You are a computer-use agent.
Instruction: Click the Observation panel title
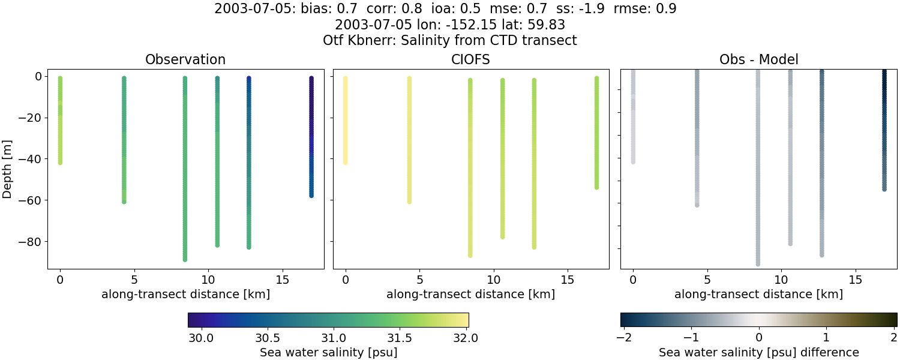pyautogui.click(x=185, y=59)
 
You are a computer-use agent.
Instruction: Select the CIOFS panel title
pyautogui.click(x=471, y=59)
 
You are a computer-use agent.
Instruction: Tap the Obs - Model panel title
pyautogui.click(x=758, y=59)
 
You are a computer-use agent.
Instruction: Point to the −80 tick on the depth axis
pyautogui.click(x=29, y=241)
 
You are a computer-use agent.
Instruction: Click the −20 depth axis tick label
pyautogui.click(x=29, y=118)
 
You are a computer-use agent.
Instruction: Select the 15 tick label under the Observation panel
pyautogui.click(x=282, y=280)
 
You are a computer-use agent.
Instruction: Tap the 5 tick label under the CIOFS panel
pyautogui.click(x=419, y=280)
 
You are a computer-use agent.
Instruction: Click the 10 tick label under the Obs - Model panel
pyautogui.click(x=781, y=280)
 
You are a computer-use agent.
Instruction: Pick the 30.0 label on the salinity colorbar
pyautogui.click(x=202, y=338)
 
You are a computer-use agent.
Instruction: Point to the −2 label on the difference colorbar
pyautogui.click(x=622, y=338)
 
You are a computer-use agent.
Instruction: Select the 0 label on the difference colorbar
pyautogui.click(x=759, y=338)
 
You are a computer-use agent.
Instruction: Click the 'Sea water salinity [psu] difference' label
pyautogui.click(x=758, y=352)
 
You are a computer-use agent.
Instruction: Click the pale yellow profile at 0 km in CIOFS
pyautogui.click(x=345, y=120)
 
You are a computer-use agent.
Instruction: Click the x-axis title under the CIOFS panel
pyautogui.click(x=470, y=294)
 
